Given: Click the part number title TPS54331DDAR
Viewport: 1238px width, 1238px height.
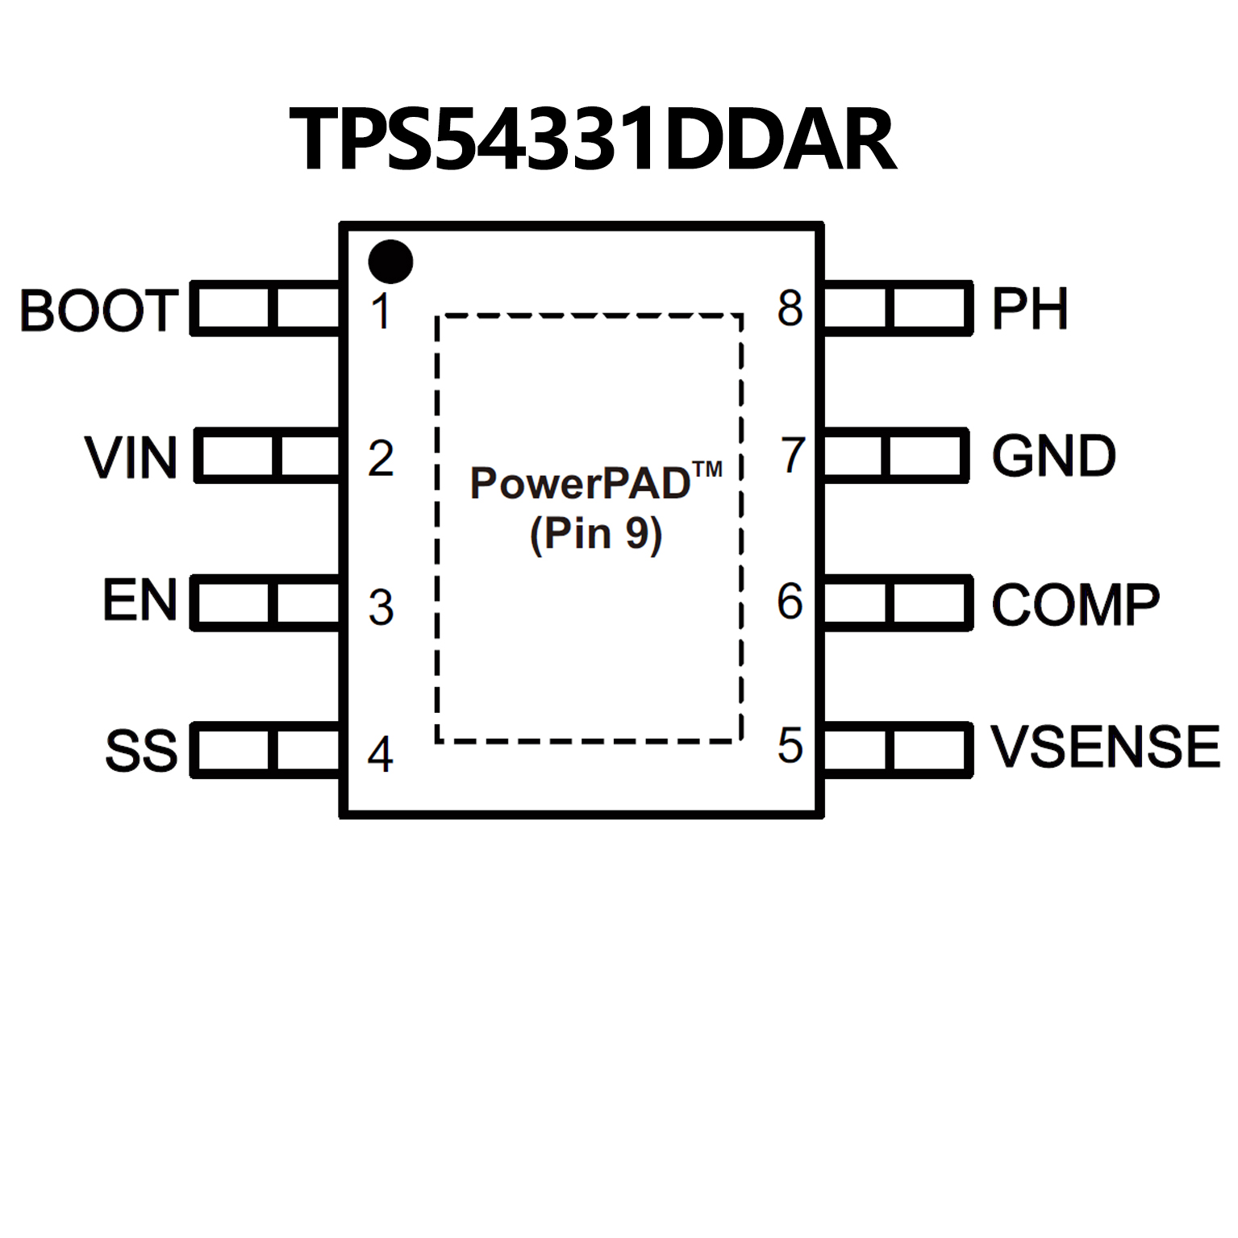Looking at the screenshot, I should click(x=593, y=140).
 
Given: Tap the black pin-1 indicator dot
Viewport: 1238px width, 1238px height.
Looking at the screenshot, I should click(x=390, y=262).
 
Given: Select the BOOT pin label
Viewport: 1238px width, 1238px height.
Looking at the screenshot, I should click(x=98, y=311).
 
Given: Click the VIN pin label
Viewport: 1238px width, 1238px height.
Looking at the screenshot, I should click(x=131, y=458).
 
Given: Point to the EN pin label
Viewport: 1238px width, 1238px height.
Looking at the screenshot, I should click(x=140, y=601).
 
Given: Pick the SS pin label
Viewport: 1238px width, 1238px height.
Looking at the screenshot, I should click(x=141, y=750).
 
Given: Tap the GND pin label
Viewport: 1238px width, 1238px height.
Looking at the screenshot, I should click(x=1053, y=456).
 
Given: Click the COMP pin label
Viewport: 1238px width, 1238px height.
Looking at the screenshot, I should click(x=1075, y=604).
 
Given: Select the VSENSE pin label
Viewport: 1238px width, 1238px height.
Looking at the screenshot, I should click(x=1105, y=747).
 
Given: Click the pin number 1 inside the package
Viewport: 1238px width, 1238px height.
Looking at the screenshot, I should click(x=381, y=311).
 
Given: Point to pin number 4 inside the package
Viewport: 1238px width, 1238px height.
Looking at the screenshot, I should click(x=381, y=755).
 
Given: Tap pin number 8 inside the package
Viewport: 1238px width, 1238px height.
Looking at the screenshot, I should click(x=790, y=308).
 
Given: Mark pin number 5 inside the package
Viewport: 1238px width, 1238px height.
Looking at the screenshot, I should click(x=790, y=745).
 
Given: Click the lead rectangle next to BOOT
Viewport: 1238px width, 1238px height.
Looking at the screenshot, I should click(x=266, y=308).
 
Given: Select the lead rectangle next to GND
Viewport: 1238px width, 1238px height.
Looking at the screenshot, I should click(x=895, y=456).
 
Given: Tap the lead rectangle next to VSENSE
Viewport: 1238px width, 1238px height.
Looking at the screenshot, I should click(x=897, y=750).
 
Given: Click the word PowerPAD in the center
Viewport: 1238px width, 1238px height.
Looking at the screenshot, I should click(x=581, y=484).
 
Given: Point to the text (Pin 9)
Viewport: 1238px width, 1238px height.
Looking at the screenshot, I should click(x=596, y=534).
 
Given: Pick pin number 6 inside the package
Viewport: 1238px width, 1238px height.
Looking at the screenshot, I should click(x=790, y=602).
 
